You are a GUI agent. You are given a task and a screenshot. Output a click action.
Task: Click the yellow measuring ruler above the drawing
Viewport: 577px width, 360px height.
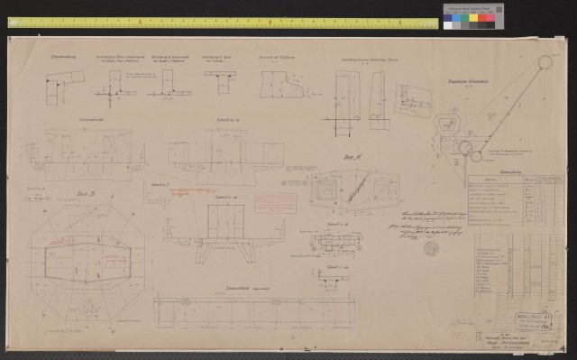tap(216, 22)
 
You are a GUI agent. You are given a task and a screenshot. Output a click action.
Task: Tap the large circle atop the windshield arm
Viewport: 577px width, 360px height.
tap(545, 61)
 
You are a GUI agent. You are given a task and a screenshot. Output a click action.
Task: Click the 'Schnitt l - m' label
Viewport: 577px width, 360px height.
tap(335, 269)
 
